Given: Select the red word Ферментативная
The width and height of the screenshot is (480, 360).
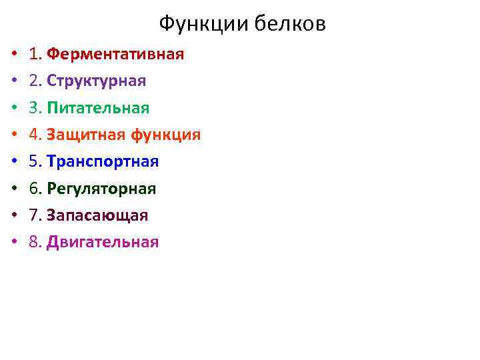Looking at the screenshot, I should [115, 54].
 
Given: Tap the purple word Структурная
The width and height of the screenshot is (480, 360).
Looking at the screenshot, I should [97, 81].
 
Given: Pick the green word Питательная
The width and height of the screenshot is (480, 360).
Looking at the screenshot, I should [98, 108].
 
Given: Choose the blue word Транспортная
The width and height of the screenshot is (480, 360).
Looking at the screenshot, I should [103, 162].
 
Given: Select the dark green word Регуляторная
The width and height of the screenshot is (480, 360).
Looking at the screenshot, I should [101, 189].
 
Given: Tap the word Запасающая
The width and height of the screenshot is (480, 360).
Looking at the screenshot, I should [97, 215].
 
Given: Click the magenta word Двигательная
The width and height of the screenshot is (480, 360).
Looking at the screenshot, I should [103, 242].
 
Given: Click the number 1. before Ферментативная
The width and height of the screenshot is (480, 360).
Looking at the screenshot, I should [36, 54].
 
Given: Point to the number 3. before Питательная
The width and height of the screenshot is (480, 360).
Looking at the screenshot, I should [36, 108].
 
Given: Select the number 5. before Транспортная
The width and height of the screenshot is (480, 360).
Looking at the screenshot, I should [36, 162].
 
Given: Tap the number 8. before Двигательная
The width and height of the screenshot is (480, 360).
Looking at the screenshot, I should [36, 242].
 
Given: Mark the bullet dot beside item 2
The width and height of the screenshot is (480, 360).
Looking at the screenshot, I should [13, 81].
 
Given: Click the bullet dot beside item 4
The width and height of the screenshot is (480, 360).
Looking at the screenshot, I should [13, 135].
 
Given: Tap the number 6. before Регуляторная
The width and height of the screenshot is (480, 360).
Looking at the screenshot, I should [36, 189].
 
